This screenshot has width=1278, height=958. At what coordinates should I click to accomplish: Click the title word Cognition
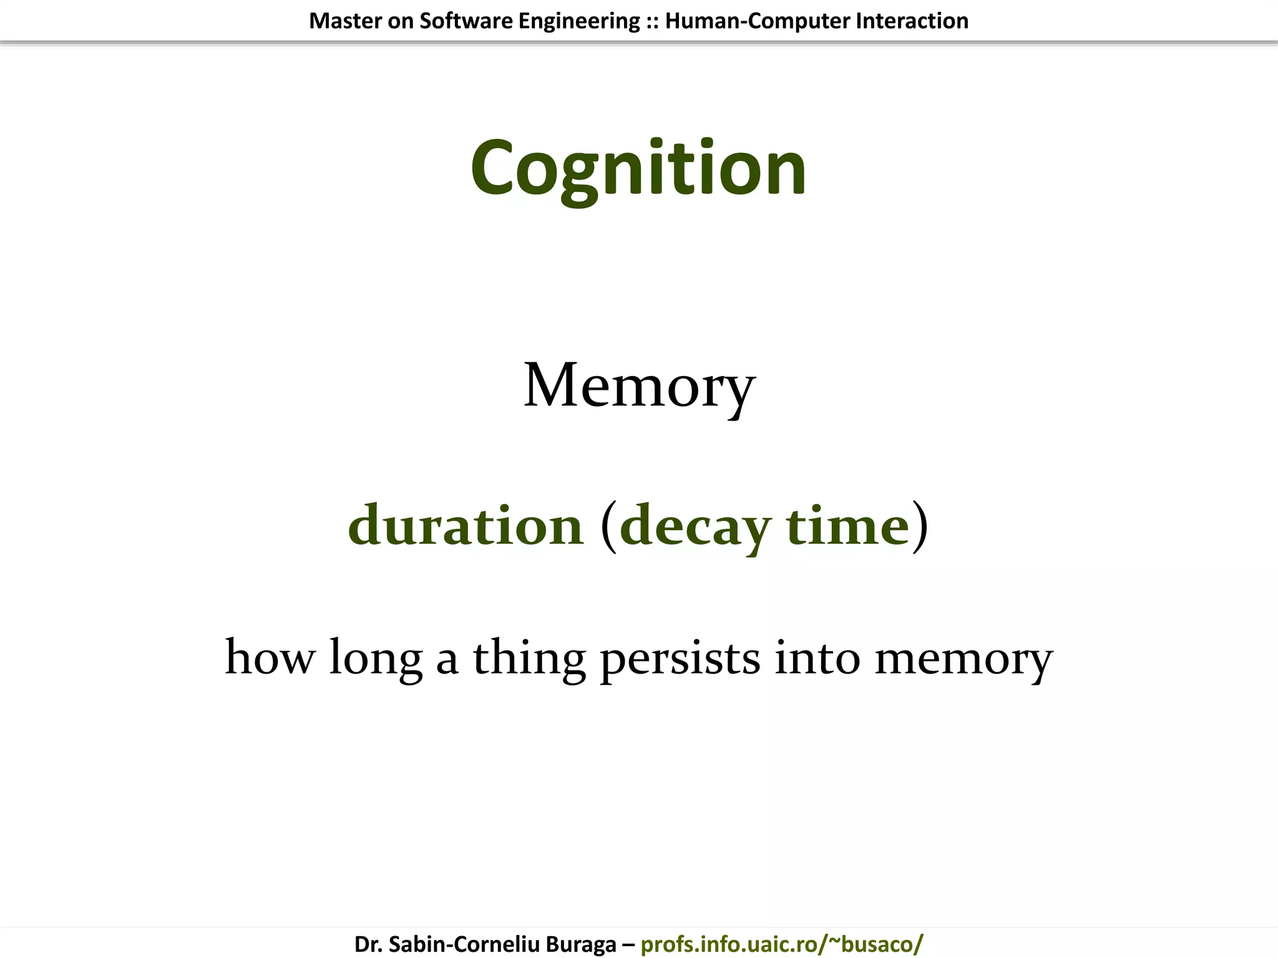(638, 168)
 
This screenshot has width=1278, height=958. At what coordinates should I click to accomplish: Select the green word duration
(466, 526)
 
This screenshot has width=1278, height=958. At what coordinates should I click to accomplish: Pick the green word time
(847, 526)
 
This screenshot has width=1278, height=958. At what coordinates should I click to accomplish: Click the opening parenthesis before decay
(608, 526)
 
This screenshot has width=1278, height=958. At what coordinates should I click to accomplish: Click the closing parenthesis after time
(920, 526)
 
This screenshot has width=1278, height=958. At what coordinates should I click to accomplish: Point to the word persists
(680, 659)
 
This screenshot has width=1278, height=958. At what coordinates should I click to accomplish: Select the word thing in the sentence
(529, 659)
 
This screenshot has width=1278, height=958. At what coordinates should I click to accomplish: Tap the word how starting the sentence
(270, 657)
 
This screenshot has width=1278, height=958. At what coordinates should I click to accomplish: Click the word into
(817, 657)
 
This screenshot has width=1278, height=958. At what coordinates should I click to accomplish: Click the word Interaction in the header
(912, 21)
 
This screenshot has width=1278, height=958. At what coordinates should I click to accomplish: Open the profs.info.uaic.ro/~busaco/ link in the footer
(782, 944)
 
